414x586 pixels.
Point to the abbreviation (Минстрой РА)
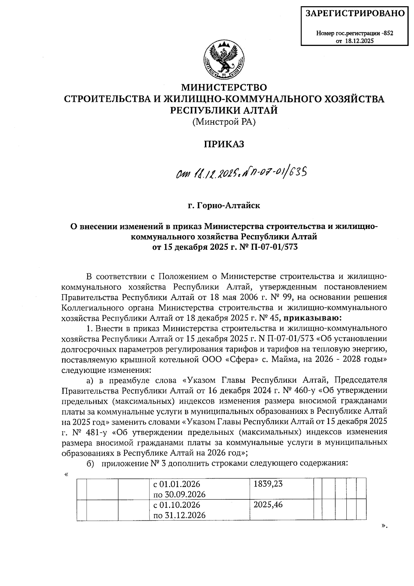(x=224, y=122)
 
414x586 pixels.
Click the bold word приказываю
(x=313, y=317)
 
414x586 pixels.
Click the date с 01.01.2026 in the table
(x=177, y=484)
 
